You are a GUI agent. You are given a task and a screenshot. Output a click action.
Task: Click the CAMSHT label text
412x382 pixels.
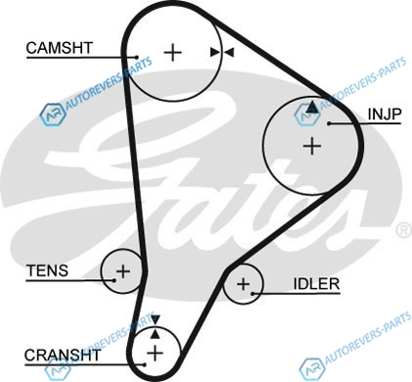[x=60, y=48]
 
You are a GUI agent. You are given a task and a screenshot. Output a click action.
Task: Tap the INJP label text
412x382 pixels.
[x=385, y=114]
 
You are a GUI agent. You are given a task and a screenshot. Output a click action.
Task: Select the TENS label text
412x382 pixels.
[x=47, y=270]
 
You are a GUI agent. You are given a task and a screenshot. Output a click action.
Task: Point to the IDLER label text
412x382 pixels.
[x=316, y=284]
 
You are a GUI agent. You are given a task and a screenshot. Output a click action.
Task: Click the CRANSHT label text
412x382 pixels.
[x=63, y=356]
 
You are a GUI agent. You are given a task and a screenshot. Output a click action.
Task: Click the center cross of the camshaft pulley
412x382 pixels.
[x=172, y=52]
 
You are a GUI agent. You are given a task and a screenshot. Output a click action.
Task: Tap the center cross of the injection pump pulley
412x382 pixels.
[x=312, y=146]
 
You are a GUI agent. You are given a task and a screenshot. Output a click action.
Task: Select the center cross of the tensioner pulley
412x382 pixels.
[x=123, y=271]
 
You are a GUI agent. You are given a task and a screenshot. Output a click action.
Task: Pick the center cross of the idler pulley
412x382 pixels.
[x=244, y=284]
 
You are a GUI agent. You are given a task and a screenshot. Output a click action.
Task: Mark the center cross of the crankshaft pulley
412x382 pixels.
[x=155, y=353]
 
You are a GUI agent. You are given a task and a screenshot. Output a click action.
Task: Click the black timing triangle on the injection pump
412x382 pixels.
[x=312, y=107]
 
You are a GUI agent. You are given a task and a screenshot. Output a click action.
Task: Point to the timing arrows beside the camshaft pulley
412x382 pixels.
[x=222, y=52]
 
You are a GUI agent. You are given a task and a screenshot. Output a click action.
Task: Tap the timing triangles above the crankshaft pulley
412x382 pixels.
[x=156, y=326]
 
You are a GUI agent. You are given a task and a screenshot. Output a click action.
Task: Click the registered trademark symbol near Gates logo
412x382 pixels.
[x=404, y=230]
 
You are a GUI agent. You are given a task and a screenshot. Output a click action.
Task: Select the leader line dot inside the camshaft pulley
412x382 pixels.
[x=137, y=57]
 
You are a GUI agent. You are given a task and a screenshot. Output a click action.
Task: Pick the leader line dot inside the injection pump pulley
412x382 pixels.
[x=330, y=123]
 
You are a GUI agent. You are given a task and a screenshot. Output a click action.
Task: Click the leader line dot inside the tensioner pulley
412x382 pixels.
[x=114, y=280]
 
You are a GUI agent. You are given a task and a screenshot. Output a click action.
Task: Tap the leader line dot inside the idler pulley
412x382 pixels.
[x=252, y=294]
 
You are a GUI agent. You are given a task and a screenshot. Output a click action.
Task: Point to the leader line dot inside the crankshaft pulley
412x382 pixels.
[x=144, y=364]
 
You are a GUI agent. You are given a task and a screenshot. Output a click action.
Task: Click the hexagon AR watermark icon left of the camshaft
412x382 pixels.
[x=52, y=115]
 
